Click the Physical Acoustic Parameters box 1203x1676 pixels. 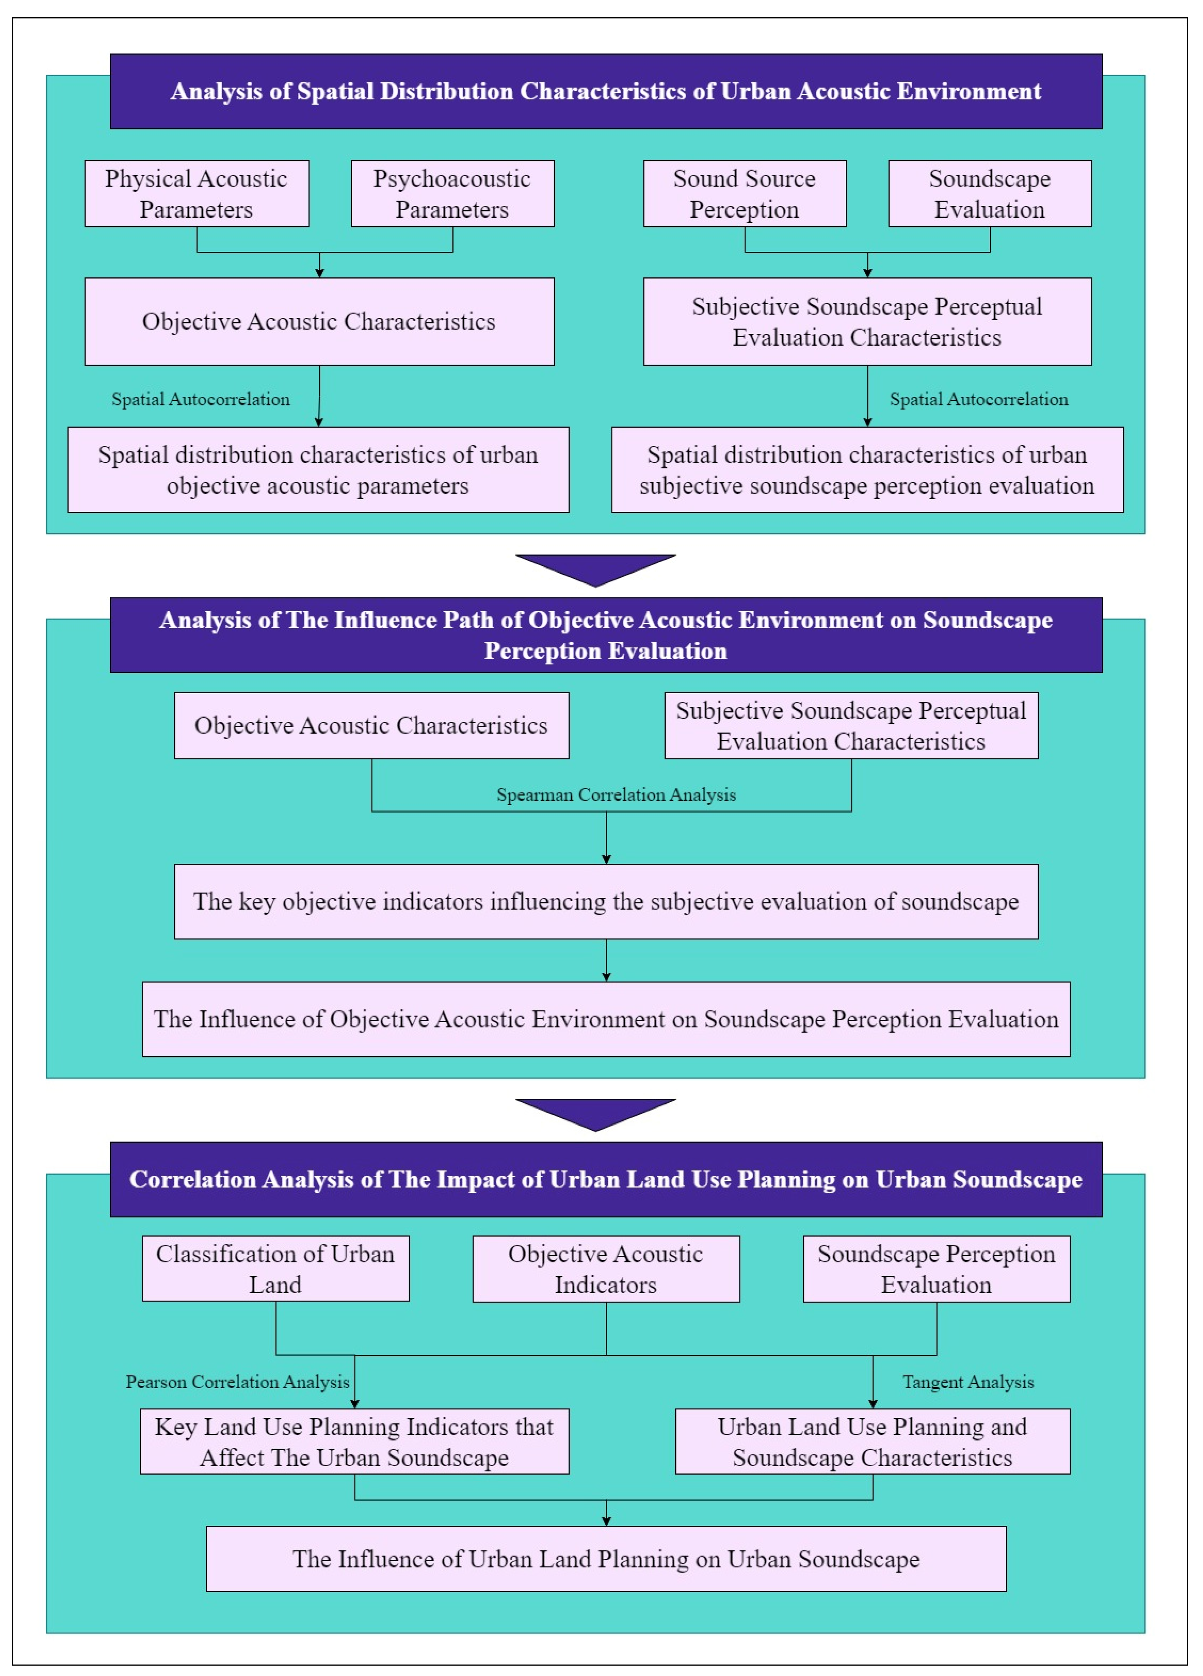tap(197, 194)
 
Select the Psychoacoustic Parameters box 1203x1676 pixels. tap(452, 194)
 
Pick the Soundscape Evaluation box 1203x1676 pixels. tap(989, 194)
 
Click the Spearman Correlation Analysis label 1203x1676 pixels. tap(616, 795)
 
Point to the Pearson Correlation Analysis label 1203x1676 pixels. tap(237, 1382)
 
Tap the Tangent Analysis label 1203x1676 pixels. tap(968, 1382)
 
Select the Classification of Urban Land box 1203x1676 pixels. tap(276, 1269)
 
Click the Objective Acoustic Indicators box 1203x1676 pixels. tap(606, 1269)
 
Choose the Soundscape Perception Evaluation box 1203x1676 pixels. tap(936, 1269)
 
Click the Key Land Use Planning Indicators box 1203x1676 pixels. tap(355, 1442)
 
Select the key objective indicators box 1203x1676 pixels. tap(606, 902)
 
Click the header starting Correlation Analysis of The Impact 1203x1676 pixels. tap(606, 1179)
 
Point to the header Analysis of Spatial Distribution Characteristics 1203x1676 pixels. tap(606, 92)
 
